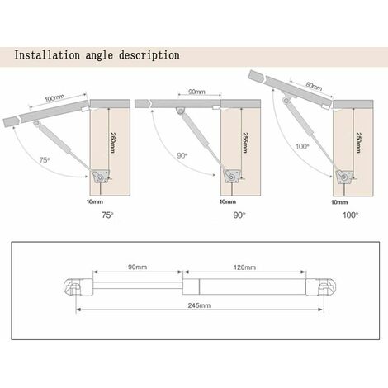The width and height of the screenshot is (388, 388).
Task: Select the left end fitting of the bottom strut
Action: [x=73, y=289]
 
